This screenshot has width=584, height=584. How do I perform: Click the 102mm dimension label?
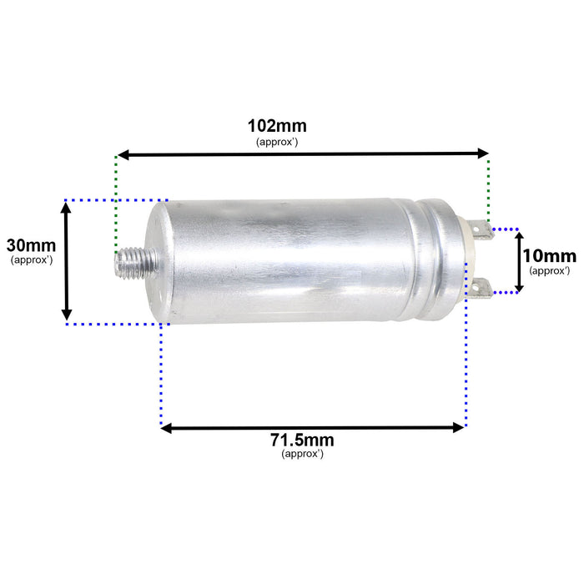click(277, 126)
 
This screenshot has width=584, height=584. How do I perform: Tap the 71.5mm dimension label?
click(303, 441)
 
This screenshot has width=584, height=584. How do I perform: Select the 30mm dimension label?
click(31, 246)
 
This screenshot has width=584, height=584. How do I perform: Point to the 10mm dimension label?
click(550, 256)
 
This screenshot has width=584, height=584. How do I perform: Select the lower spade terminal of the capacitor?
click(481, 288)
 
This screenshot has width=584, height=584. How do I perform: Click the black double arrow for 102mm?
click(302, 154)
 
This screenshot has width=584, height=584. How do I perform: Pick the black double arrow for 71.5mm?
click(312, 428)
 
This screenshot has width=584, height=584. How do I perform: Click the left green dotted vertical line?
click(116, 200)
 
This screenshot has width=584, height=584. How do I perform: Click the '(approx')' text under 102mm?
click(277, 142)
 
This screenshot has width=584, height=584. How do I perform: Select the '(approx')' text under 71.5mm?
click(303, 455)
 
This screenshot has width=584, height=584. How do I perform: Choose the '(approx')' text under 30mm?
click(32, 260)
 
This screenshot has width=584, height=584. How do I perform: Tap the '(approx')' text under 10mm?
click(550, 270)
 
